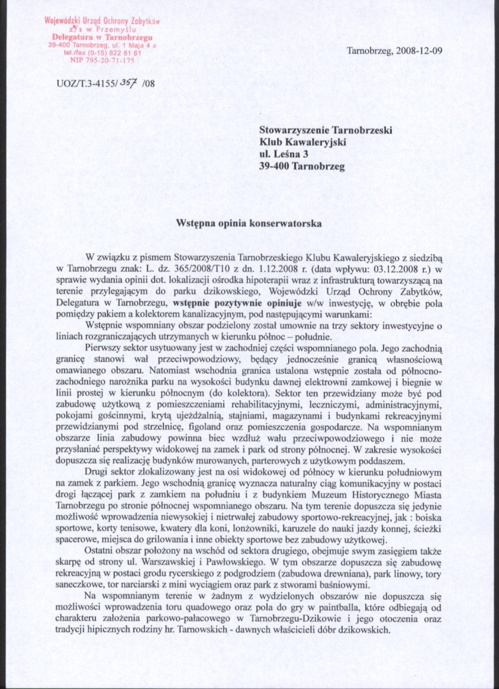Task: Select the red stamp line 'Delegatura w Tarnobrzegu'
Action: [104, 37]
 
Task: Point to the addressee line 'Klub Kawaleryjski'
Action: [303, 142]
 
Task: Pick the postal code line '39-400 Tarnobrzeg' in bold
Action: [302, 166]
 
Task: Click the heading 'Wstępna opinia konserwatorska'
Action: [249, 224]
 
